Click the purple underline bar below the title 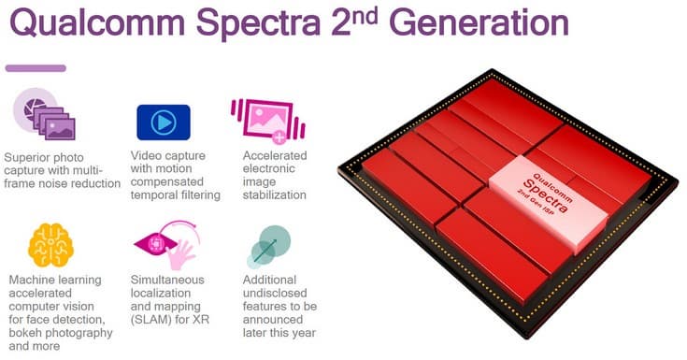pos(36,67)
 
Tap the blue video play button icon pos(164,122)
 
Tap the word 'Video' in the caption pos(149,154)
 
